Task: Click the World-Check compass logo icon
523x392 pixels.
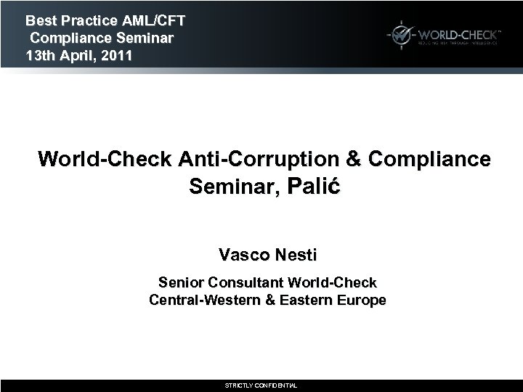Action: coord(400,34)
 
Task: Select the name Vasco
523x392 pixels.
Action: coord(244,255)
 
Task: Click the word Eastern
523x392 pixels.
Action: coord(307,299)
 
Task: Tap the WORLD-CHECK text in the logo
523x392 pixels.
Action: coord(457,33)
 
